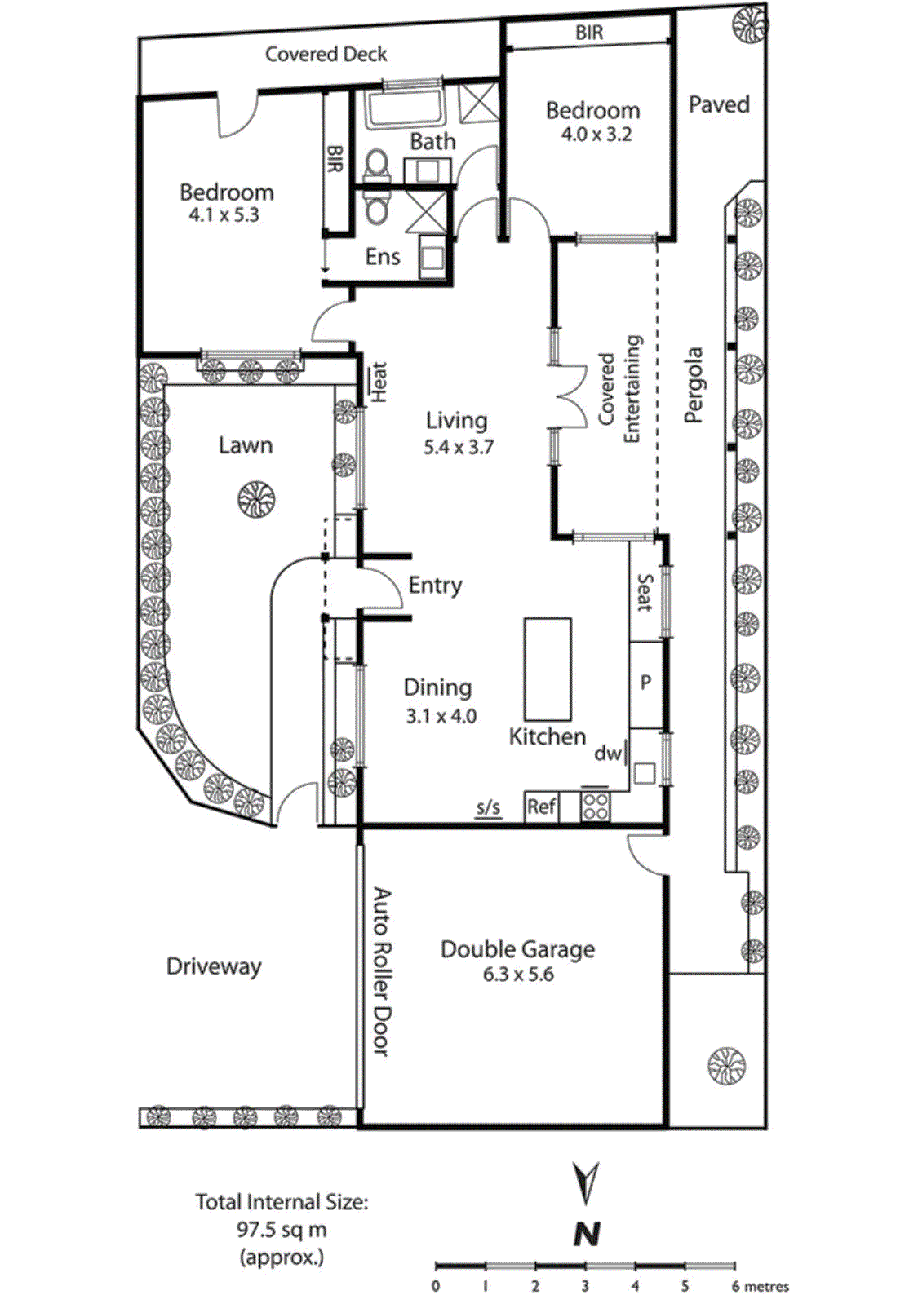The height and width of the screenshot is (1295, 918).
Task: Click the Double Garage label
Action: coord(517,949)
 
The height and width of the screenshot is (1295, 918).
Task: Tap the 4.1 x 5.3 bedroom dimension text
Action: coord(224,215)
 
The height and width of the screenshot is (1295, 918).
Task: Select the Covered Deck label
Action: coord(326,55)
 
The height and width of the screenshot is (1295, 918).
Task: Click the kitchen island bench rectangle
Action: coord(547,668)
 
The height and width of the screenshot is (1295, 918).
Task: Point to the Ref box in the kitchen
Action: coord(541,807)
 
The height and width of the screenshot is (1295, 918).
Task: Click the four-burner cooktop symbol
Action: coord(595,807)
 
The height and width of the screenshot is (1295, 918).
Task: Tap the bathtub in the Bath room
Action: coord(404,107)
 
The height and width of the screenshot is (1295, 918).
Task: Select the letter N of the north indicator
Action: coord(587,1234)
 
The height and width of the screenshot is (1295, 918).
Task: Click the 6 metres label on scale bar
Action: coord(761,1287)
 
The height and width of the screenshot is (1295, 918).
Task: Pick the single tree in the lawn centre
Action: coord(256,498)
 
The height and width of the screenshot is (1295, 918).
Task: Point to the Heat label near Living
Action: coord(379,382)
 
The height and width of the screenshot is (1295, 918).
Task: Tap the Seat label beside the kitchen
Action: coord(645,593)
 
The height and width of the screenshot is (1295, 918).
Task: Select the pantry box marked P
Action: coord(645,683)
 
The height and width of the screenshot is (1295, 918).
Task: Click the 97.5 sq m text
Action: coord(282,1230)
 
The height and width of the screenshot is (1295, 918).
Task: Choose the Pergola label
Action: coord(693,385)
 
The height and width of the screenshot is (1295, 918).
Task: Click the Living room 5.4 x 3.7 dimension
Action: coord(458,447)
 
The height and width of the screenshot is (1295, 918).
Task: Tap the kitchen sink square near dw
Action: coord(645,772)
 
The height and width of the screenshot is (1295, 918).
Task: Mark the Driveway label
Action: coord(214,966)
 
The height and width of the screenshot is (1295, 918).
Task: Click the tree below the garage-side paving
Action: coord(726,1066)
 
